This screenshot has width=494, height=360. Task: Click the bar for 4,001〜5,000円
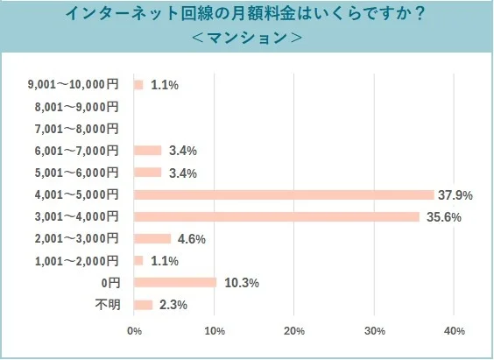pos(284,194)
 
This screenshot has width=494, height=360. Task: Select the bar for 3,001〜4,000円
pos(276,216)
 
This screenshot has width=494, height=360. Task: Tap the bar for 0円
pos(175,282)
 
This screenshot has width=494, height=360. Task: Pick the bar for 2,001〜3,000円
pos(152,238)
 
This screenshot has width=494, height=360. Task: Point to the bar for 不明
pos(144,304)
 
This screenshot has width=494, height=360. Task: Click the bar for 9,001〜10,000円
pos(138,85)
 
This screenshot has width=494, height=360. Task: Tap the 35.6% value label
pos(442,216)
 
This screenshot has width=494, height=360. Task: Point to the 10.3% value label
pos(241,282)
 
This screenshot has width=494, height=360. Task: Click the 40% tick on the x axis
pos(454,331)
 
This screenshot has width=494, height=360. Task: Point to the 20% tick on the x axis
pos(294,331)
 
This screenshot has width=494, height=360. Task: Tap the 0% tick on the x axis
pos(135,331)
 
